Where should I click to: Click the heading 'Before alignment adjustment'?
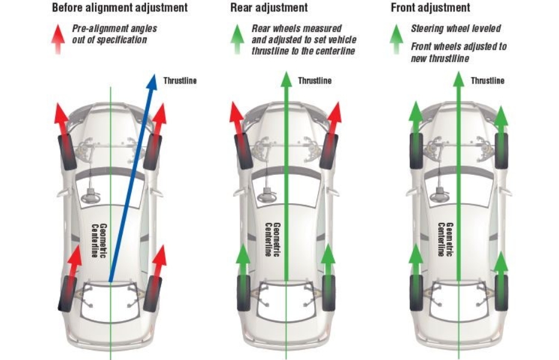point(120,8)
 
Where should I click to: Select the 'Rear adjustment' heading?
point(269,8)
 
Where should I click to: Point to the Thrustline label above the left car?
point(180,81)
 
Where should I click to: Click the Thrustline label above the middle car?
point(314,81)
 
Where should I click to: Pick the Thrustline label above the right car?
point(487,81)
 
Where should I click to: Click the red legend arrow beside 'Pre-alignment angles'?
point(58,38)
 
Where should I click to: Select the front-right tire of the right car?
point(501,150)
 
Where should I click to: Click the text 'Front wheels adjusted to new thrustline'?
point(459,52)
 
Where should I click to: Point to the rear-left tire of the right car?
point(416,293)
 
